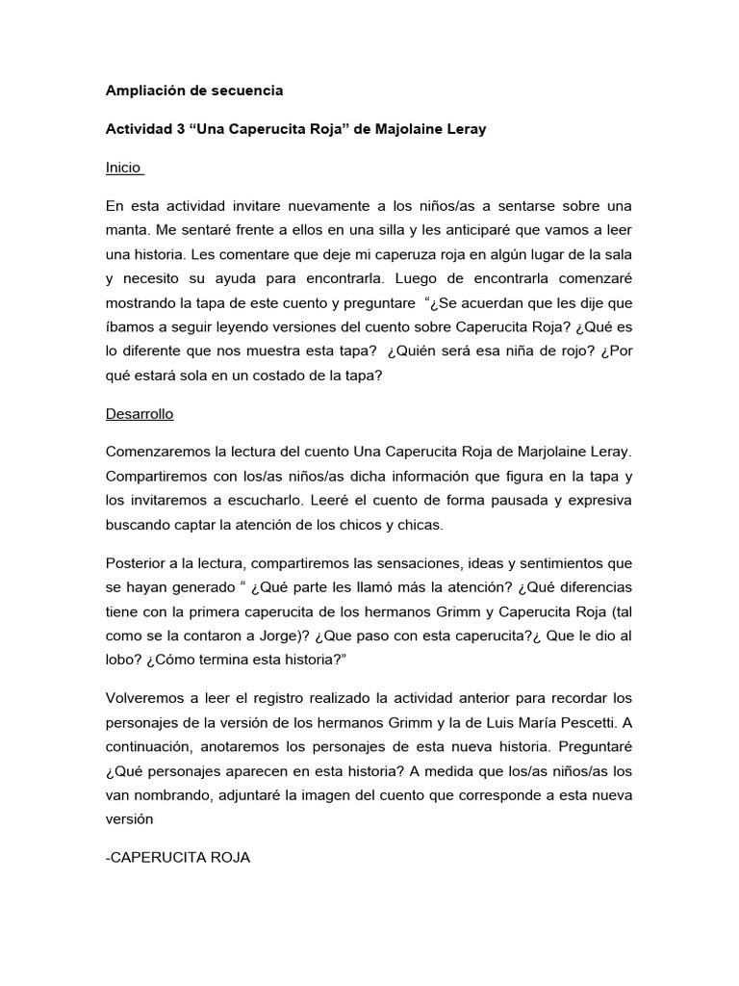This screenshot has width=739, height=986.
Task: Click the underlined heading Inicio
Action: coord(122,168)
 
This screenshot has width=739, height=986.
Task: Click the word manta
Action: coord(127,231)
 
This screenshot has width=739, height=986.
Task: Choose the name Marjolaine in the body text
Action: coord(551,453)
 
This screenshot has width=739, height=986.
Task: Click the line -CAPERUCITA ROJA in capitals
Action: coord(178,857)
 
